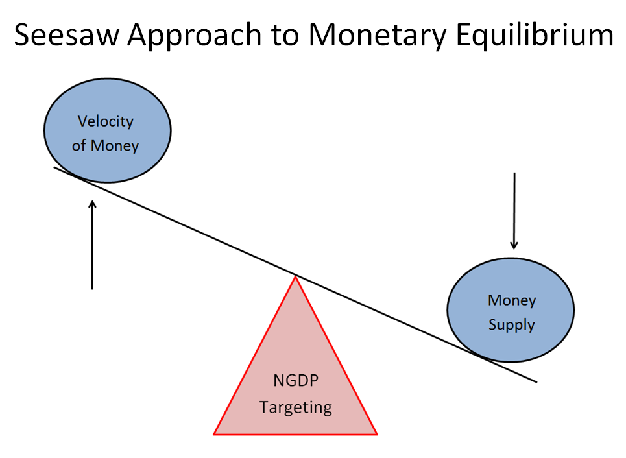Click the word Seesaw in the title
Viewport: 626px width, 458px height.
pyautogui.click(x=65, y=35)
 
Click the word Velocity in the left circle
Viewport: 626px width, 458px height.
pyautogui.click(x=105, y=121)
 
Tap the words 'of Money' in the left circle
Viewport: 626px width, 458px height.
pyautogui.click(x=105, y=145)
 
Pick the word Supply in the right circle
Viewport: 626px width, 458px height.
pyautogui.click(x=511, y=324)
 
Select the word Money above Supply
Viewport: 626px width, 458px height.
pyautogui.click(x=511, y=300)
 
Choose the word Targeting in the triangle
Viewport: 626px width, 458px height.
pyautogui.click(x=295, y=407)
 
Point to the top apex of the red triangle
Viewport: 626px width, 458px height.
pyautogui.click(x=295, y=278)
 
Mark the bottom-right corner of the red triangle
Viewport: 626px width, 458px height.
pyautogui.click(x=376, y=433)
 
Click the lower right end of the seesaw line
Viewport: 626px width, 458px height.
pyautogui.click(x=536, y=381)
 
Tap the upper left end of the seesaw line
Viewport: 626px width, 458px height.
pyautogui.click(x=54, y=168)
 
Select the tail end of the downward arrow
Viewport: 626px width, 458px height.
pyautogui.click(x=514, y=173)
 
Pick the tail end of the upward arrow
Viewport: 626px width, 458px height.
pyautogui.click(x=93, y=288)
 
